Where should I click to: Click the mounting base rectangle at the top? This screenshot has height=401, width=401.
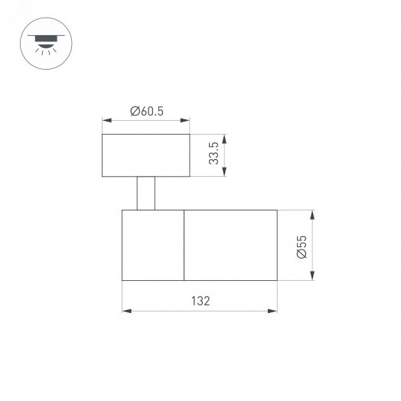click(x=145, y=155)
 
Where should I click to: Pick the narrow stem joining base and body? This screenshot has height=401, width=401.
click(x=146, y=193)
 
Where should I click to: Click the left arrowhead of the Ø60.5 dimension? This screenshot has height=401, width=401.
click(x=106, y=120)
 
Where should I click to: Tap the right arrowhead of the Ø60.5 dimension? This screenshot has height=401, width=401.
click(x=186, y=120)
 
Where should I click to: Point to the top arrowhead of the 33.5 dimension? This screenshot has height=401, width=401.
click(x=226, y=137)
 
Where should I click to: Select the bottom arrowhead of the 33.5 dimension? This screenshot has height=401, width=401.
click(x=226, y=174)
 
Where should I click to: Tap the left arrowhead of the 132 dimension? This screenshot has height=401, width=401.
click(x=126, y=311)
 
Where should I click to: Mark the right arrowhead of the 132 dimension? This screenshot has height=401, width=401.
click(x=274, y=311)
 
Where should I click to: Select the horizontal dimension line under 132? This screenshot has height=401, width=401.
click(x=200, y=311)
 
